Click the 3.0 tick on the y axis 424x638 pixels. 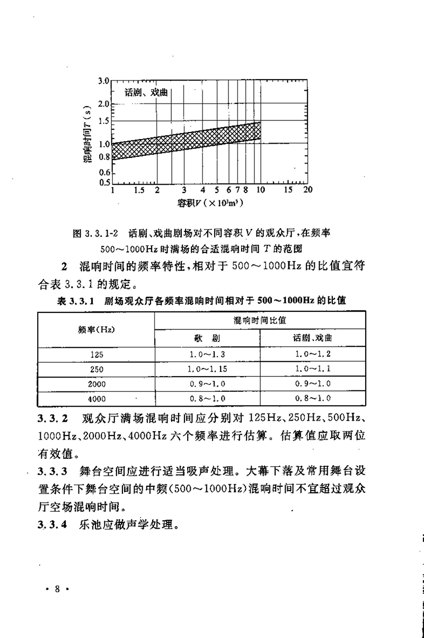click(x=102, y=81)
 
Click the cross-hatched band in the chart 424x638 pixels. click(x=185, y=140)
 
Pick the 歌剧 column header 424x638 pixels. click(x=207, y=338)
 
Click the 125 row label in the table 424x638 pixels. click(x=96, y=354)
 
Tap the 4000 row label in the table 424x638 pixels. click(x=96, y=398)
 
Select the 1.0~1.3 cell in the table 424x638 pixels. click(x=207, y=354)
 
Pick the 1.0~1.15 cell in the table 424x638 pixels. click(x=207, y=369)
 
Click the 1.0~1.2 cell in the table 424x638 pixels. click(x=312, y=354)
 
